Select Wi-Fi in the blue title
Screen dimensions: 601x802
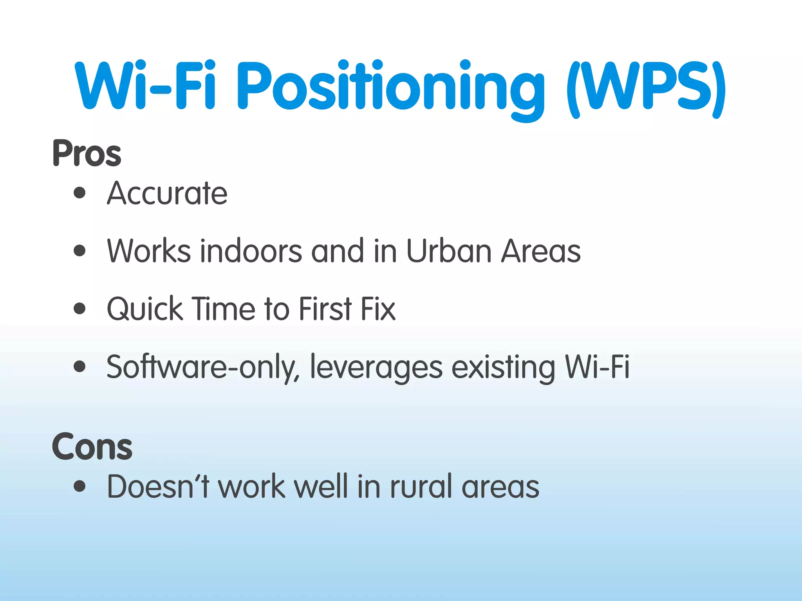[x=145, y=86]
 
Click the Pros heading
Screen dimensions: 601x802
[x=87, y=153]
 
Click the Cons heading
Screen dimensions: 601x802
[x=92, y=447]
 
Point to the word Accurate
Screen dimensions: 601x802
[x=167, y=193]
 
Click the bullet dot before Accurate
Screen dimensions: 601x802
[x=79, y=193]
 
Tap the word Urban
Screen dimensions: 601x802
[x=449, y=251]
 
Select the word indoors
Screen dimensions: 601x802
[x=251, y=251]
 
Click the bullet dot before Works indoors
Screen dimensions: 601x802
[x=79, y=250]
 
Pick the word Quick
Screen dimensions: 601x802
[x=145, y=309]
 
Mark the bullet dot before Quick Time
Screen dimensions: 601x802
[x=79, y=308]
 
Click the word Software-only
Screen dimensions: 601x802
[x=203, y=367]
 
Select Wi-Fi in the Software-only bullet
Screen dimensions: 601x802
[x=597, y=367]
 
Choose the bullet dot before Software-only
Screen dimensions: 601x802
[x=79, y=366]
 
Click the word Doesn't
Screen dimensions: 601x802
[x=159, y=487]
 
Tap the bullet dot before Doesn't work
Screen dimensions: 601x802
[x=79, y=486]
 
